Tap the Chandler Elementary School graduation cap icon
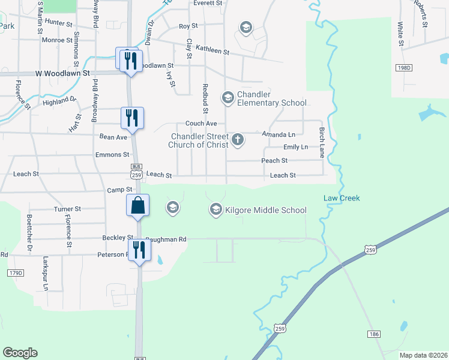[228, 97]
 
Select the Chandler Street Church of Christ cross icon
[238, 140]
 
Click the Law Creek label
[342, 198]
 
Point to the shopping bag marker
[138, 205]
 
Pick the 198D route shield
[404, 68]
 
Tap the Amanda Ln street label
[279, 134]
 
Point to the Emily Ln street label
[295, 147]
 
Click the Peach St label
[274, 161]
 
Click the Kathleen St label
[213, 52]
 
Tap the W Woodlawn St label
[62, 73]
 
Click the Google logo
[20, 353]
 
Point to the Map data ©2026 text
[423, 355]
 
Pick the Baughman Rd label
[166, 239]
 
